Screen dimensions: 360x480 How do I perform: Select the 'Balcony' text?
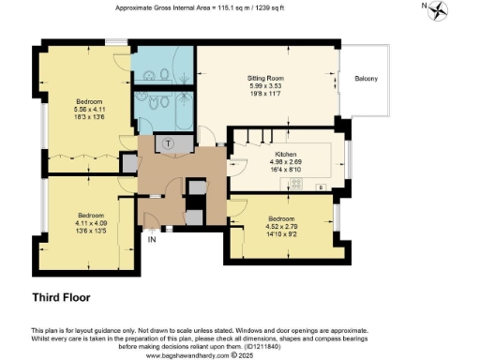point(366,79)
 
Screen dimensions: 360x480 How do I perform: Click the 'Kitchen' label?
point(285,153)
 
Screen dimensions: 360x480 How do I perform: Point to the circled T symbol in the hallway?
point(168,142)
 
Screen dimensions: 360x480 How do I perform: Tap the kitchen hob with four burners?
point(298,185)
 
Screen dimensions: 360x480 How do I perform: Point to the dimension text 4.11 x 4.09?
point(91,220)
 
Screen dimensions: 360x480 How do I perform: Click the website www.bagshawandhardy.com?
point(187,355)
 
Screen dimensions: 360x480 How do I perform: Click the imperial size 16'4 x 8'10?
point(285,168)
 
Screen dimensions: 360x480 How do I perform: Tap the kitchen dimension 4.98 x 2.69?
point(285,160)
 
